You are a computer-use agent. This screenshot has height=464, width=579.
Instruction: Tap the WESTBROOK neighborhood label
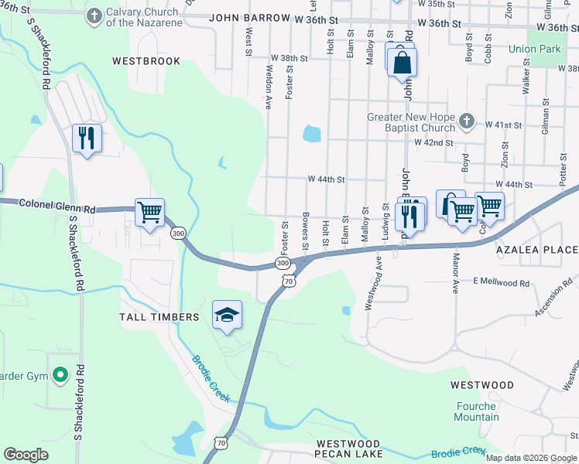click(146, 61)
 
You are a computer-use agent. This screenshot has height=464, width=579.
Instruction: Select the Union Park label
click(534, 49)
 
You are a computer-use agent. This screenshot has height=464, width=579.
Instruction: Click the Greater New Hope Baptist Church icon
click(466, 121)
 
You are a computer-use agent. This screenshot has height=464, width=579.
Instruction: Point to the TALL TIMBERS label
click(159, 317)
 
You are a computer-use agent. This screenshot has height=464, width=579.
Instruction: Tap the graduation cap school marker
click(227, 315)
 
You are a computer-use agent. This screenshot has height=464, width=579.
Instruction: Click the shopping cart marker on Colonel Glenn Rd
click(149, 212)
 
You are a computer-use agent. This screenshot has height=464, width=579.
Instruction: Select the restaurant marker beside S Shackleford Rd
click(86, 138)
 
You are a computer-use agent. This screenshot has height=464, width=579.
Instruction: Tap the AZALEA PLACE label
click(537, 250)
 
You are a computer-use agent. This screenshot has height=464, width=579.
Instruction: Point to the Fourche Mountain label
click(477, 411)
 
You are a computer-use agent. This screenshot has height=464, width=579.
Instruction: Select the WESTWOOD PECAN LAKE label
click(349, 449)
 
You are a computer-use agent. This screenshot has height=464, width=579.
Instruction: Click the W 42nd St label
click(433, 142)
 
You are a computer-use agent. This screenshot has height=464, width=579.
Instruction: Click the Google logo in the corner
click(26, 455)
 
